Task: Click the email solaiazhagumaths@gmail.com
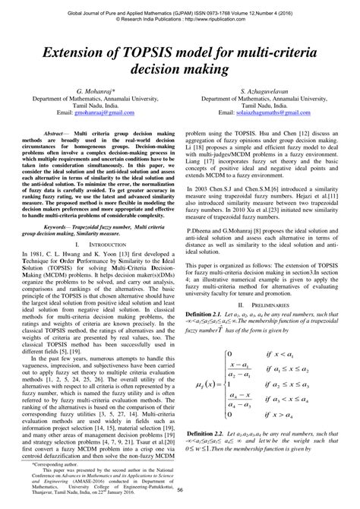point(264,112)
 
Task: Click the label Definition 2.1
point(208,313)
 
